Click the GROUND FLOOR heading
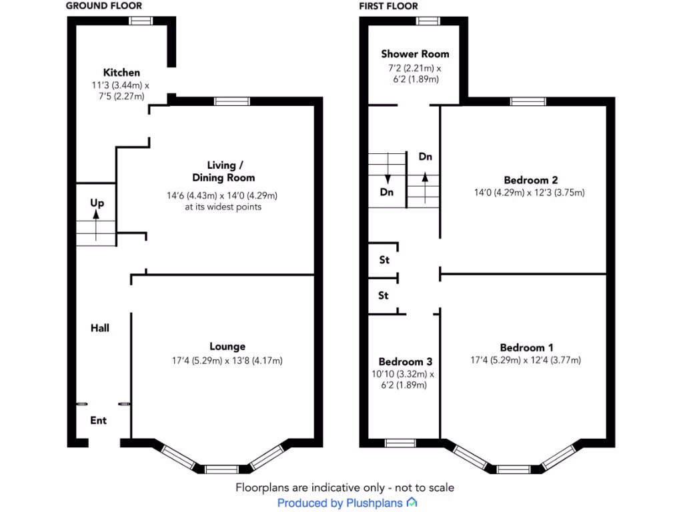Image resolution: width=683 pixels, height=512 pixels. click(x=104, y=6)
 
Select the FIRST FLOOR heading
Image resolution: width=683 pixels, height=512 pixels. click(x=388, y=6)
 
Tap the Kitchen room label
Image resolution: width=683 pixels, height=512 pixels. click(x=121, y=73)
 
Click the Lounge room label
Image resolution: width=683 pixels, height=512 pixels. click(x=227, y=347)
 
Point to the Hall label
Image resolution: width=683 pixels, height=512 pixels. click(x=100, y=328)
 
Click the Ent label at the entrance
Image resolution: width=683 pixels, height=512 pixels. click(x=99, y=421)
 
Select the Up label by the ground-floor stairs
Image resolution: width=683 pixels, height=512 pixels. click(x=97, y=203)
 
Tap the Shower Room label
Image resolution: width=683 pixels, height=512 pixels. click(x=415, y=54)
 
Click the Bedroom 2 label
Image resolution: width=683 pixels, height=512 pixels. click(x=530, y=180)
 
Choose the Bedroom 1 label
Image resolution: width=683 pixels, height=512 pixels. click(x=527, y=347)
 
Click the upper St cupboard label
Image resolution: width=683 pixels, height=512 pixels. click(x=384, y=261)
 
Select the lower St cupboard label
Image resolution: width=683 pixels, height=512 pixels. click(x=384, y=295)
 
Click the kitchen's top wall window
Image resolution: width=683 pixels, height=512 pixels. click(x=140, y=21)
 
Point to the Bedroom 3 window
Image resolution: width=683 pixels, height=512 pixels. click(x=400, y=443)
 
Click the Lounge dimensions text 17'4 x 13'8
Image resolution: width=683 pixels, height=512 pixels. click(x=227, y=361)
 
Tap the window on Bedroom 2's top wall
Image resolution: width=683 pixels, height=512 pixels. click(x=528, y=101)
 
